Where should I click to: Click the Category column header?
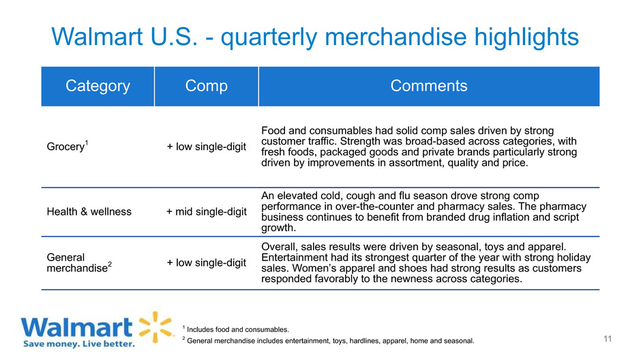tap(98, 86)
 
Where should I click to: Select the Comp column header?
tap(207, 86)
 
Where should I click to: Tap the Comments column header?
tap(429, 86)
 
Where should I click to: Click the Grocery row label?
tap(68, 146)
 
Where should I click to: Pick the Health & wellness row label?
tap(89, 211)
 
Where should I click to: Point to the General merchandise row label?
tap(79, 262)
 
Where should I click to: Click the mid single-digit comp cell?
tap(207, 211)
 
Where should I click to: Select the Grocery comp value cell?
tap(207, 147)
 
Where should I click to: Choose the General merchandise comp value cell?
tap(207, 262)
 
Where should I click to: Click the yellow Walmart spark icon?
tap(155, 327)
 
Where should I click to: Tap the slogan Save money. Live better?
tap(79, 344)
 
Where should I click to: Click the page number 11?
tap(608, 339)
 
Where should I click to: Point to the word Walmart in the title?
tap(98, 37)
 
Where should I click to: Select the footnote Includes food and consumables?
tap(236, 329)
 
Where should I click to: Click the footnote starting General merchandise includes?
tap(328, 340)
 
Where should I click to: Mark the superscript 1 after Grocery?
tap(87, 142)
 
